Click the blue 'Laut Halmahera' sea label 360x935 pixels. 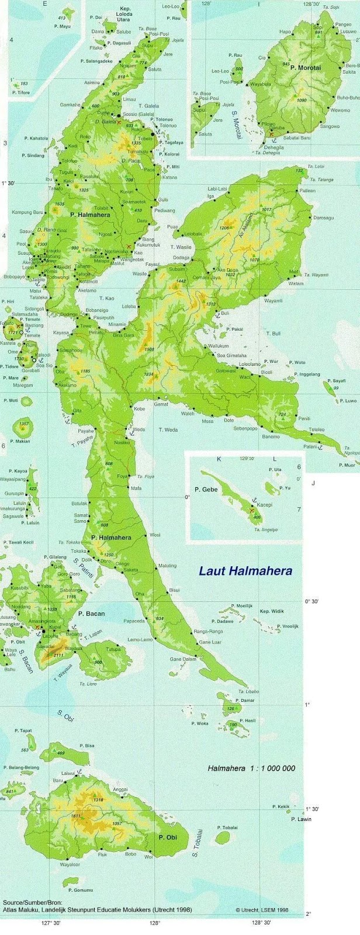pos(245,571)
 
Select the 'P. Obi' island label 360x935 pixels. pos(167,837)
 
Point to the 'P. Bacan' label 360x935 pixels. pos(92,614)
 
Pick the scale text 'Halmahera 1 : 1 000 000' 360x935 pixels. pos(251,768)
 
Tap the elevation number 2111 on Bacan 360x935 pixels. pos(58,656)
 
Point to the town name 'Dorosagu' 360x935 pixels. pos(323,217)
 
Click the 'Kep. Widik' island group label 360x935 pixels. pos(272,611)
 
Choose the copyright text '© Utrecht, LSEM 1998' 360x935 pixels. pos(262,910)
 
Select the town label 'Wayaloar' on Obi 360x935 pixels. pos(70,864)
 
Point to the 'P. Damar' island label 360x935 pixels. pos(245,700)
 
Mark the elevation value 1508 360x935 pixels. pos(149,349)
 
